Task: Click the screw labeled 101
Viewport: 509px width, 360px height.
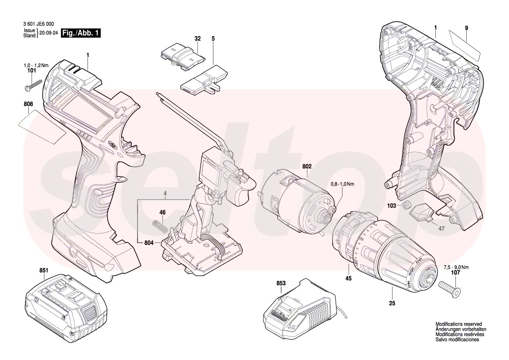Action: point(32,84)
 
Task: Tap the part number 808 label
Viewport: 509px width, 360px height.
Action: point(29,105)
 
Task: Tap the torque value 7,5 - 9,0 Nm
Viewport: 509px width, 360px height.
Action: point(456,268)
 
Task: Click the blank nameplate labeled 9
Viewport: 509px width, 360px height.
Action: point(465,44)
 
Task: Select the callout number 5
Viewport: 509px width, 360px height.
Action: point(213,39)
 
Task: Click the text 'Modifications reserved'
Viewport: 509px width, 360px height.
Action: point(458,324)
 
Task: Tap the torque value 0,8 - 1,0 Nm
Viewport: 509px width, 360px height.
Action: point(342,185)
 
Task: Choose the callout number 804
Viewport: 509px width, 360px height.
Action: point(148,242)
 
